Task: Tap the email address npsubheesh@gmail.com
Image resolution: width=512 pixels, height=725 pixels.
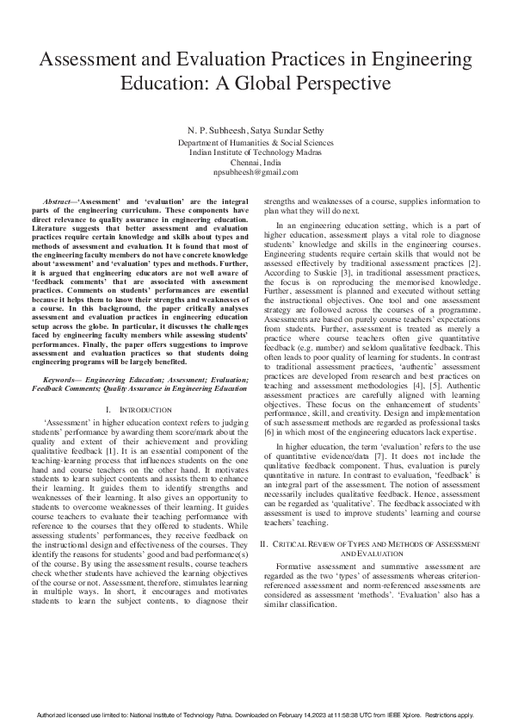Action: click(x=256, y=172)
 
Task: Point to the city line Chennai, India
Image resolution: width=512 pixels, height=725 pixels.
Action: click(x=256, y=162)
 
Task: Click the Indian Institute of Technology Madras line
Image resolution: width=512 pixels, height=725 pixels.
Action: click(x=256, y=152)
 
